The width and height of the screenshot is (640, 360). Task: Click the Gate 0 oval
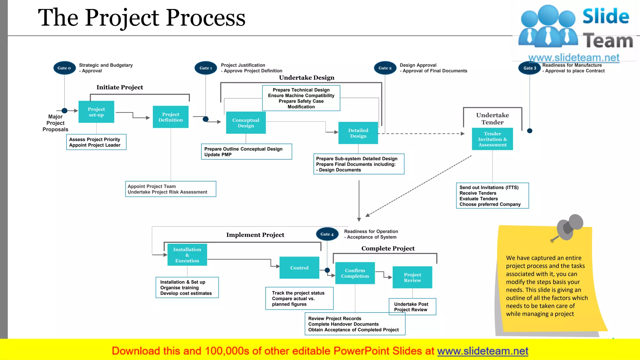[64, 68]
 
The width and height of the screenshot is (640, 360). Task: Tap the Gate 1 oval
[206, 68]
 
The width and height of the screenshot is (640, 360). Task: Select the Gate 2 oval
[385, 68]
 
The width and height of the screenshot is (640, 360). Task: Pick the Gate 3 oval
[530, 68]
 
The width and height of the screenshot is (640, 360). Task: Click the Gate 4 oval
[327, 234]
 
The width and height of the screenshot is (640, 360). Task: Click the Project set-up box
[96, 112]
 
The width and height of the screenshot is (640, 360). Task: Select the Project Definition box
[171, 117]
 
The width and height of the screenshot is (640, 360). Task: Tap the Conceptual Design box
[246, 123]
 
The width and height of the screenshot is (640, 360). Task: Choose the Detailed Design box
[358, 133]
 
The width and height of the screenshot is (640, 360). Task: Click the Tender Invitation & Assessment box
[492, 139]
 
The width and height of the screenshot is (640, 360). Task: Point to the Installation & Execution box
[187, 255]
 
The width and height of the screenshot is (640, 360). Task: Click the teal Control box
[299, 268]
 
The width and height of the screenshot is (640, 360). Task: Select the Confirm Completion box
[355, 273]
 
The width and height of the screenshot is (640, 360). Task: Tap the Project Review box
[412, 277]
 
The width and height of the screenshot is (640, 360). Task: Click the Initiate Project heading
[120, 87]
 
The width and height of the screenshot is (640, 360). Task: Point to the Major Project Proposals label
[55, 123]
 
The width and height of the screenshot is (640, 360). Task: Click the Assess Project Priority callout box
[96, 142]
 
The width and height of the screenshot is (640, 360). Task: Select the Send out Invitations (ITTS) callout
[492, 196]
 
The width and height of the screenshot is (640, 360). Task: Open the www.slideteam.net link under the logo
[574, 57]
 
